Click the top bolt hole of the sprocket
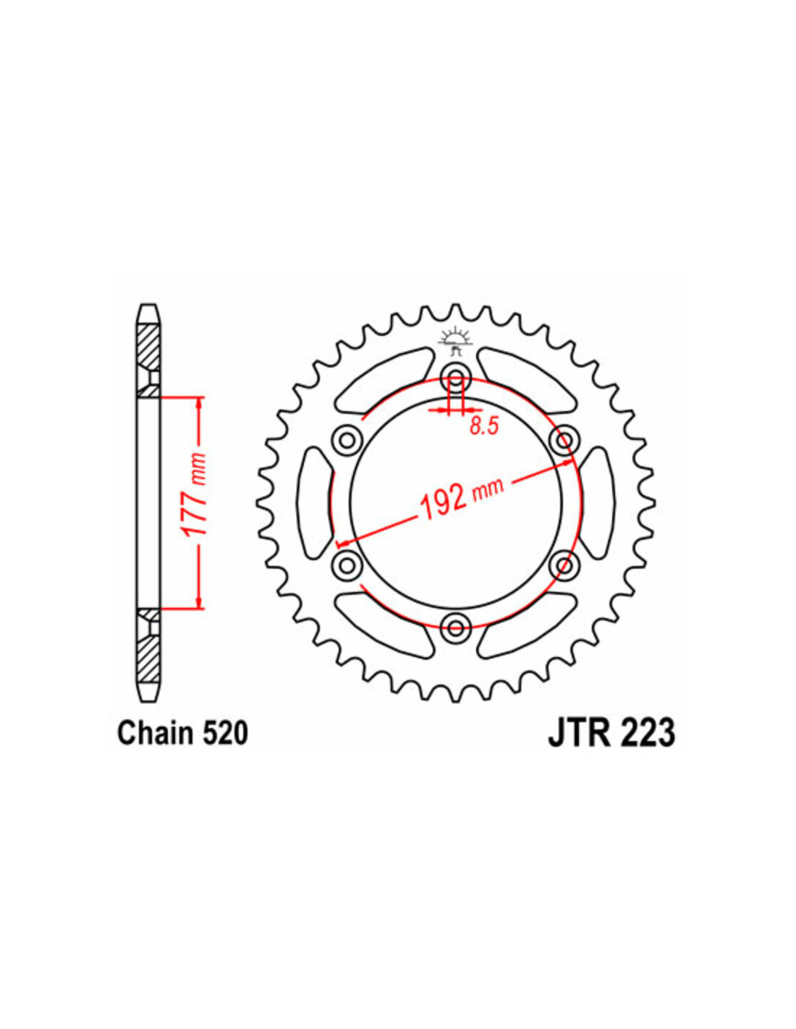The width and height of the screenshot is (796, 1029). point(455,378)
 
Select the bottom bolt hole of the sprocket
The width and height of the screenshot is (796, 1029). point(455,627)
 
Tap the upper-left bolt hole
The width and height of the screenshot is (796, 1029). point(347,441)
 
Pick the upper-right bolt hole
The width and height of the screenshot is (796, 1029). point(564,441)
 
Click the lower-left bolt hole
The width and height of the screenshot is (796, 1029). point(347,565)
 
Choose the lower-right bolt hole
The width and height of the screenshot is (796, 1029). point(564,565)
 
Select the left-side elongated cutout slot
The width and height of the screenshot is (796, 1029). point(315,503)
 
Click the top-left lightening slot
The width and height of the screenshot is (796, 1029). point(384,380)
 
